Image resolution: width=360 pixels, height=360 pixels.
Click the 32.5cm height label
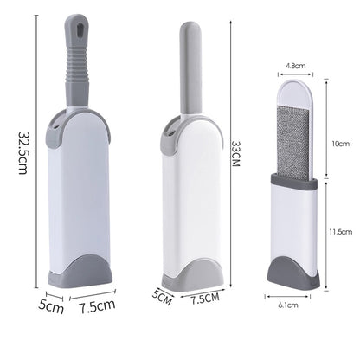(x=23, y=153)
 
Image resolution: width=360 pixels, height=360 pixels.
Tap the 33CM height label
(x=235, y=154)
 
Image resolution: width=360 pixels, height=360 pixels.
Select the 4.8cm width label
(x=296, y=66)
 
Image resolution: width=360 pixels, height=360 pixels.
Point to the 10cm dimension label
(x=340, y=144)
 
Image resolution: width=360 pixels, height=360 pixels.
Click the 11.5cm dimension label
(x=341, y=231)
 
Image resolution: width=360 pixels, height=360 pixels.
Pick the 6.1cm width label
(x=288, y=305)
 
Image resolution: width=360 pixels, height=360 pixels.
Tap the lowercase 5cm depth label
(x=51, y=306)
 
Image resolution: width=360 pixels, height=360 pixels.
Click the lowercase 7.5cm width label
(x=97, y=306)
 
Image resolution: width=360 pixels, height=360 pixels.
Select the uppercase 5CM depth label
(x=163, y=297)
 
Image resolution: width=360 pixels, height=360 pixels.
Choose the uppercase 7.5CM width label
(x=205, y=299)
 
